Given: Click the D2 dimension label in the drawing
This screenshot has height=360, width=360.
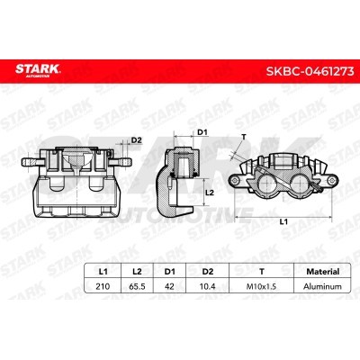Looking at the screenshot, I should click(x=137, y=139).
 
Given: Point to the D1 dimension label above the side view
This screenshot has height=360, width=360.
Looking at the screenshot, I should click(x=202, y=134).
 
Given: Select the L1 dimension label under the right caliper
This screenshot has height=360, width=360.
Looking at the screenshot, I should click(x=284, y=221).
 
